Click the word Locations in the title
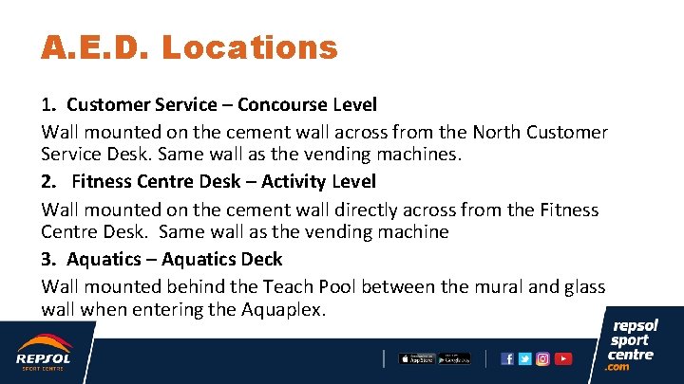click(x=250, y=46)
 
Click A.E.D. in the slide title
click(x=94, y=46)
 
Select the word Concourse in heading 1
click(x=275, y=104)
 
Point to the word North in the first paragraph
click(x=498, y=132)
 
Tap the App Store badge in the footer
click(x=415, y=358)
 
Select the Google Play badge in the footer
click(x=454, y=358)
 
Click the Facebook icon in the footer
click(x=507, y=358)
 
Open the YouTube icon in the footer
click(x=562, y=358)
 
